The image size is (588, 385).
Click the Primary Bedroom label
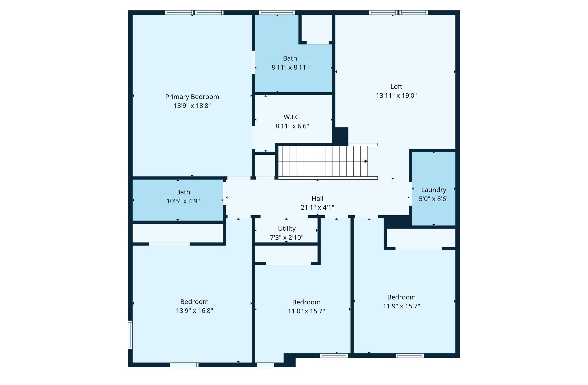point(192,97)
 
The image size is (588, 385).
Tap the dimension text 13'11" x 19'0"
point(396,96)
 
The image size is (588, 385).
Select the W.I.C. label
point(292,117)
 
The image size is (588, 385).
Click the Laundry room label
point(433,190)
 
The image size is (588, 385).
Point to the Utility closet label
point(287,228)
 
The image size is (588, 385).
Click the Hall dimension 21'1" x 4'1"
point(317,208)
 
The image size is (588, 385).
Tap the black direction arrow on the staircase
point(366,161)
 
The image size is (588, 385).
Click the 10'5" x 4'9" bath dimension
point(183,201)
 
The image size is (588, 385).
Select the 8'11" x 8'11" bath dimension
point(290,67)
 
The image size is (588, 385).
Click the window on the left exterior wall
point(130,335)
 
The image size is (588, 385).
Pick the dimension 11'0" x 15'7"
point(306,311)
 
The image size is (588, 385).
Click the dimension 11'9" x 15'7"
point(401,306)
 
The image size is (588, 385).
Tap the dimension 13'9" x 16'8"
point(194,311)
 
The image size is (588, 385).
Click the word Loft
point(396,87)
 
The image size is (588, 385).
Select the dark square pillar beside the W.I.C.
point(341,136)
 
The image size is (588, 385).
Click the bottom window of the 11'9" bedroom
point(409,356)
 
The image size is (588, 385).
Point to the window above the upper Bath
point(277,12)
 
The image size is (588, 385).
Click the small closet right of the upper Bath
point(317,28)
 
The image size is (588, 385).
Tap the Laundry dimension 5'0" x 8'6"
point(433,199)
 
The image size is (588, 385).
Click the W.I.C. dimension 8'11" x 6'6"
point(292,126)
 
